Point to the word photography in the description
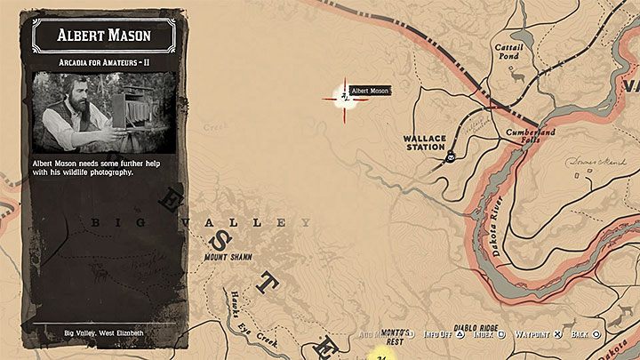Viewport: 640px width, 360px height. (110, 172)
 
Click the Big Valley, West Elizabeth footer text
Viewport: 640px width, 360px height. (104, 332)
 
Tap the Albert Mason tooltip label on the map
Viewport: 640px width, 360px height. (371, 90)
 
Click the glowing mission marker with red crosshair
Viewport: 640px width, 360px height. (343, 95)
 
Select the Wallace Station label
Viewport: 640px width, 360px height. (423, 142)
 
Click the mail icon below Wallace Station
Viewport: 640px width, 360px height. (452, 158)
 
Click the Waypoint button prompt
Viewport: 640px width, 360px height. (540, 335)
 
